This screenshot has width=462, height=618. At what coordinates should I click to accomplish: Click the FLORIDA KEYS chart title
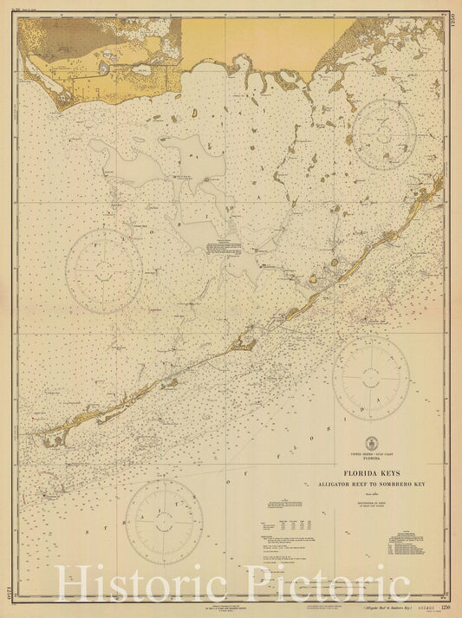click(x=370, y=473)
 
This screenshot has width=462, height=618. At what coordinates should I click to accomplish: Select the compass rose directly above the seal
click(x=371, y=377)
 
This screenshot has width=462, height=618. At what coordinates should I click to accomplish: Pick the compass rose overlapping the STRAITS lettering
click(x=164, y=521)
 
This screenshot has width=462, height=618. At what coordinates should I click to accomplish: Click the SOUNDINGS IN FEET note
click(x=370, y=505)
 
